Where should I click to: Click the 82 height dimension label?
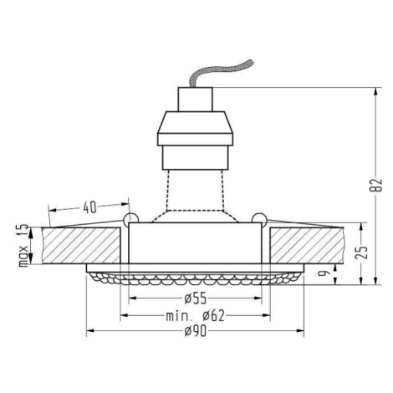[x=376, y=185]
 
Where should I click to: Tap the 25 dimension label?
[x=362, y=253]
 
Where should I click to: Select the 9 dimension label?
[x=324, y=273]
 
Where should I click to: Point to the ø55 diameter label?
[x=196, y=299]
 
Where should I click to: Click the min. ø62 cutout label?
[x=195, y=316]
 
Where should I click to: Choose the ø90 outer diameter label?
[x=196, y=331]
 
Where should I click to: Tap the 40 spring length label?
[x=89, y=207]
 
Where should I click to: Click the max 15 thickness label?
[x=23, y=245]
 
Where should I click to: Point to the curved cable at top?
[x=220, y=72]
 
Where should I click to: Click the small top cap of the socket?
[x=195, y=100]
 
